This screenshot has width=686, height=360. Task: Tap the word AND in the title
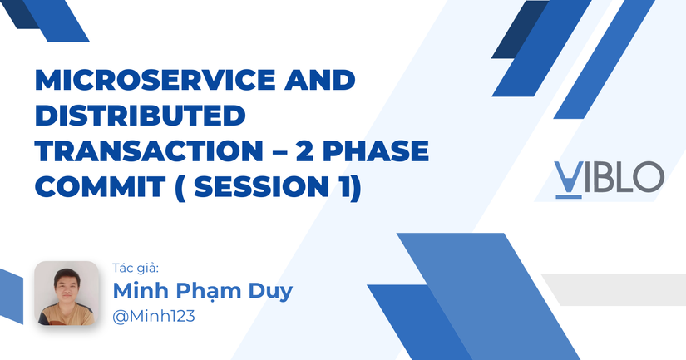tap(320, 81)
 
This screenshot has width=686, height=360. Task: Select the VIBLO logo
tap(609, 176)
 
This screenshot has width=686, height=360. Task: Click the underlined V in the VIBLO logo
tap(567, 176)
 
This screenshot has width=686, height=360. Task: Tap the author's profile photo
tap(67, 293)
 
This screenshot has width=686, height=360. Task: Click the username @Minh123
tap(153, 317)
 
